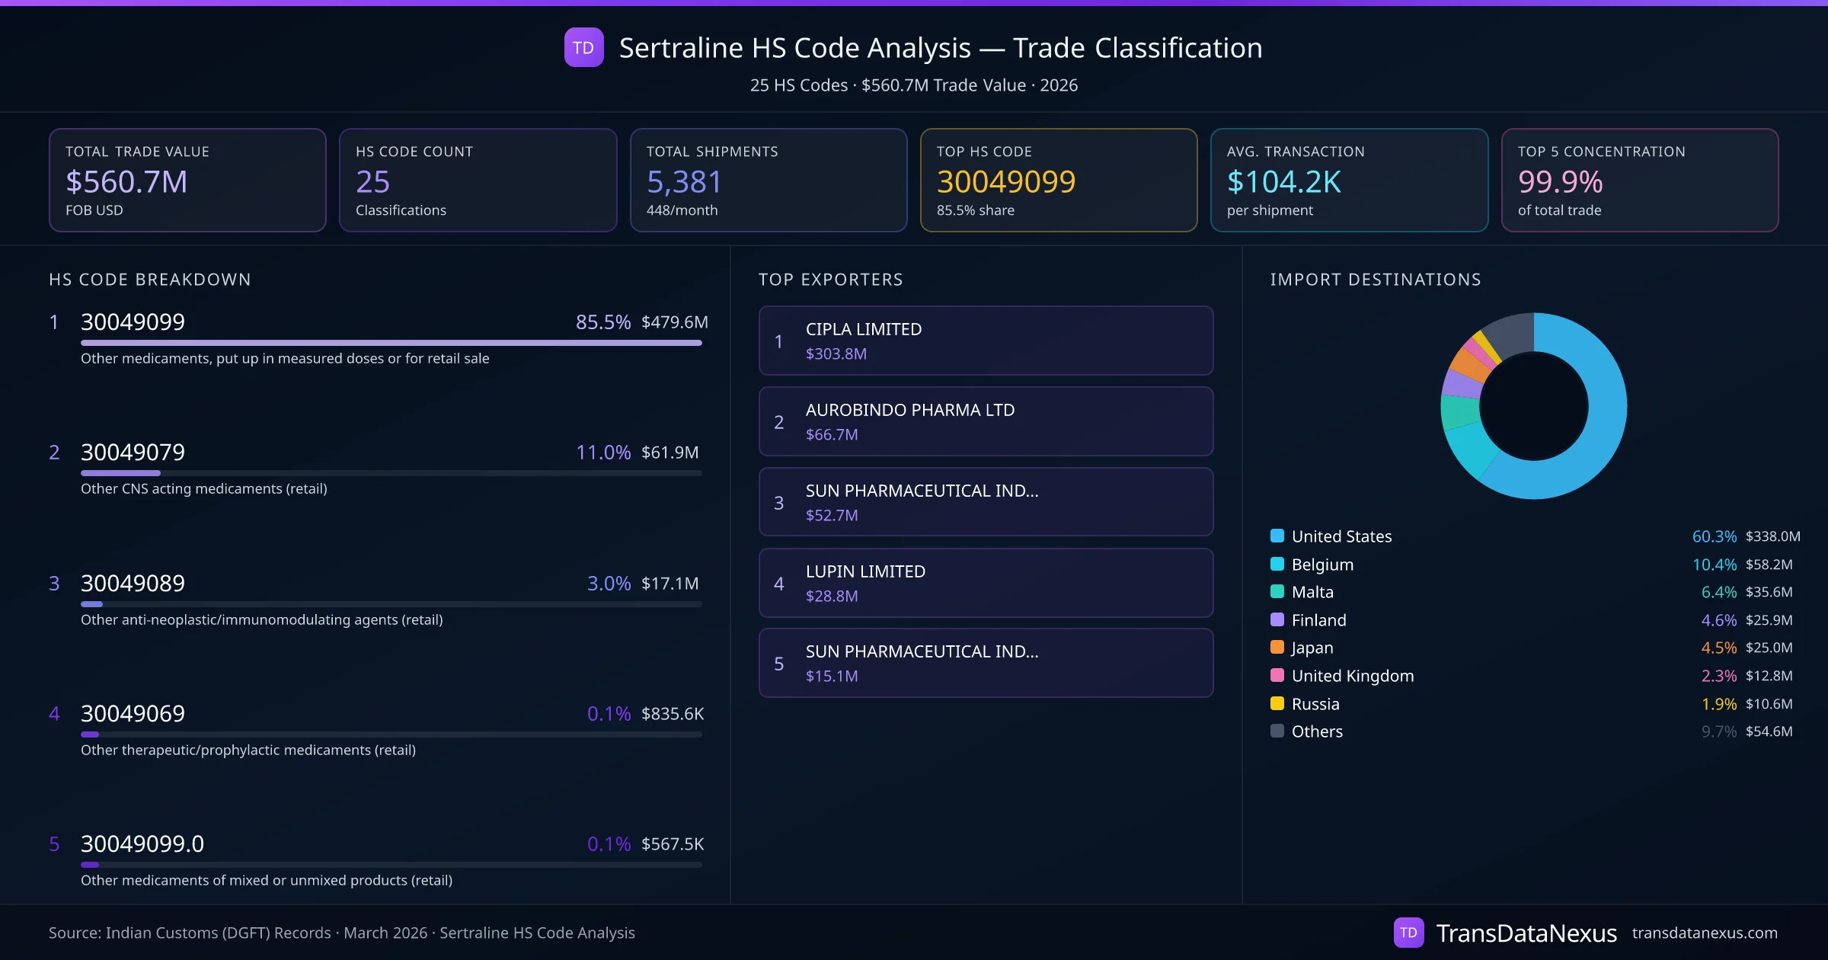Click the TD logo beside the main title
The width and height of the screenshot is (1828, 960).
click(x=583, y=47)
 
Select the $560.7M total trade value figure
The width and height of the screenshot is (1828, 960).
click(x=126, y=181)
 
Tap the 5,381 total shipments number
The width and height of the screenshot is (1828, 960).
click(x=684, y=181)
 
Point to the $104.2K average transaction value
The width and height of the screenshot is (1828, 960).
click(x=1284, y=181)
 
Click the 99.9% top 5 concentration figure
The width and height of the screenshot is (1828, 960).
click(x=1560, y=181)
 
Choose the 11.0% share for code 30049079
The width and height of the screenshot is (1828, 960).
click(x=603, y=453)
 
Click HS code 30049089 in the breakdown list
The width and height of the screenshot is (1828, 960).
click(x=133, y=583)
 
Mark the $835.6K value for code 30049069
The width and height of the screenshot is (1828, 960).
click(x=673, y=714)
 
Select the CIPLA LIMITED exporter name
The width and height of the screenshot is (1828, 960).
click(x=864, y=329)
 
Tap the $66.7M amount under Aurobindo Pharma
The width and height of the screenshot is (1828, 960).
click(x=832, y=434)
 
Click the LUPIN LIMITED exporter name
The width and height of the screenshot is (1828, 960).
click(x=865, y=571)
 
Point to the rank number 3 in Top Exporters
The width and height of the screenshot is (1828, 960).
click(x=778, y=503)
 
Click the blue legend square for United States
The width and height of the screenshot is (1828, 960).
click(x=1277, y=536)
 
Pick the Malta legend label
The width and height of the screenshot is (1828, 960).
click(x=1312, y=592)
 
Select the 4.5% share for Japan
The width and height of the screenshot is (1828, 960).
click(x=1719, y=648)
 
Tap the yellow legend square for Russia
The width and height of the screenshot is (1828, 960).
click(x=1277, y=703)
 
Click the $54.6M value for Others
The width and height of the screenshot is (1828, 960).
click(x=1769, y=731)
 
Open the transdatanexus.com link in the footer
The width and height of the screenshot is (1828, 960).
click(x=1705, y=933)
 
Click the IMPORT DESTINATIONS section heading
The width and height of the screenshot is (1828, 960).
click(x=1376, y=280)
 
